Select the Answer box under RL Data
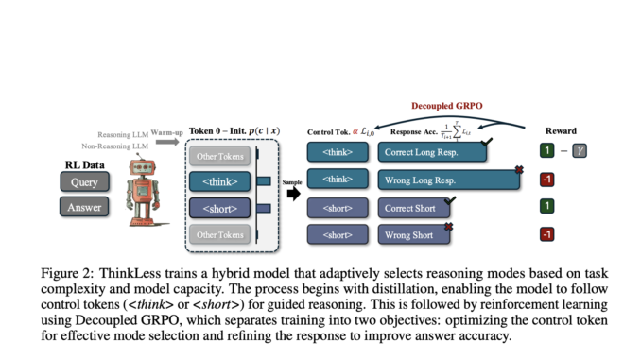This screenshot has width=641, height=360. pos(83,205)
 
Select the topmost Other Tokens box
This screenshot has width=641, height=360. pos(219,155)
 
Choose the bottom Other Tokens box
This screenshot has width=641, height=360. pos(219,233)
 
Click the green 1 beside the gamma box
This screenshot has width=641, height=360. pos(546,151)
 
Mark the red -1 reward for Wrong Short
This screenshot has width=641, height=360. pos(546,233)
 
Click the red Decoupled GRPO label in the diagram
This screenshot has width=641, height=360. pos(447,107)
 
